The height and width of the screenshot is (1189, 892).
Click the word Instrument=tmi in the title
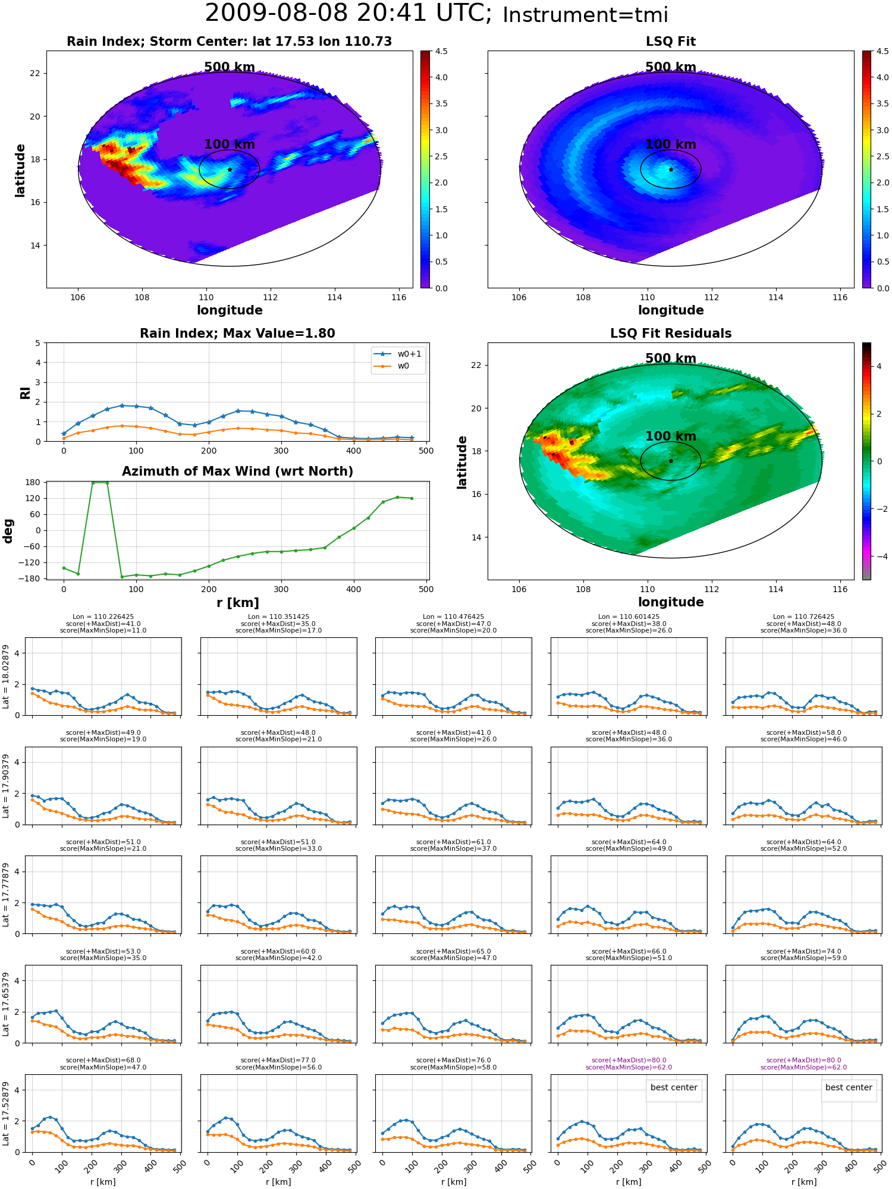coord(585,15)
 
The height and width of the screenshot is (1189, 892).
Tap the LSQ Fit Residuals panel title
coord(671,334)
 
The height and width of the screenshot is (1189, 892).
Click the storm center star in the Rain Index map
coord(230,169)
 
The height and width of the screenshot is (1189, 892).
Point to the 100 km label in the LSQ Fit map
coord(671,144)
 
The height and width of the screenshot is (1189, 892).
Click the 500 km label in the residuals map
coord(671,358)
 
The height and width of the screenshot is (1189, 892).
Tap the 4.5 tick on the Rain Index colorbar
coord(441,51)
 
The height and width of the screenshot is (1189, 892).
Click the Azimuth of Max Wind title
coord(237,471)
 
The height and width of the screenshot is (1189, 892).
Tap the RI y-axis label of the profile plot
coord(25,393)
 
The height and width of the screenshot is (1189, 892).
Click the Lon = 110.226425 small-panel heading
coord(103,617)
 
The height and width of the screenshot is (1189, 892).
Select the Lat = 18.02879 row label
coord(6,677)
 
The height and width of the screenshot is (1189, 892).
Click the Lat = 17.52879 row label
coord(6,1113)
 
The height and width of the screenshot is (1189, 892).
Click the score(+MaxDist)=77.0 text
coord(278,1060)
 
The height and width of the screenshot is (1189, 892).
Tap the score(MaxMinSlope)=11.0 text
coord(103,630)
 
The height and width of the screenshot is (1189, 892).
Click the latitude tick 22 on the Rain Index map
coord(35,73)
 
